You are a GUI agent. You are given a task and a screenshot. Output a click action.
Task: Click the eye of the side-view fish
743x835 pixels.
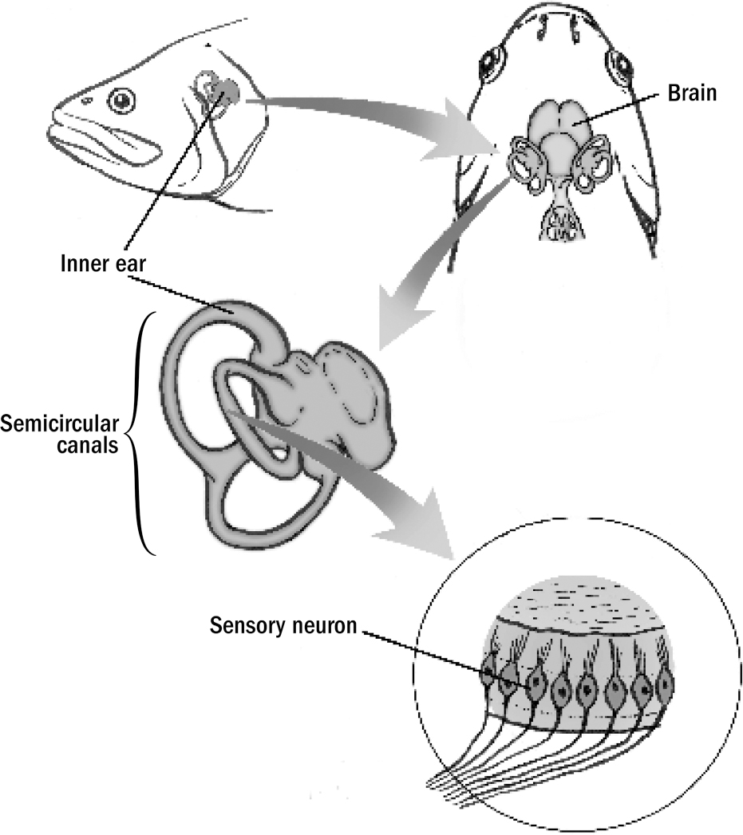click(122, 100)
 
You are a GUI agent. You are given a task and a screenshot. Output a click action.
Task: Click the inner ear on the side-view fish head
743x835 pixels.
click(217, 93)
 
